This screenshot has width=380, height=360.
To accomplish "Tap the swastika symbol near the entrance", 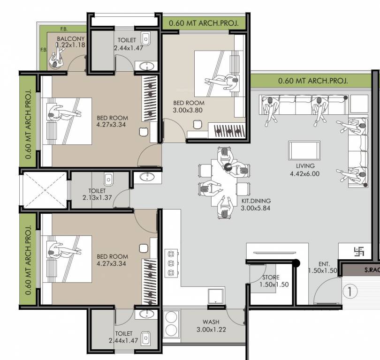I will point(359,252).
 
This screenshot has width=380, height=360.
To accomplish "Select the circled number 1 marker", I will point(350,292).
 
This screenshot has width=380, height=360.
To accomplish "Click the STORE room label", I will point(271,277).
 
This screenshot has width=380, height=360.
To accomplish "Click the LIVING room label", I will point(305,166).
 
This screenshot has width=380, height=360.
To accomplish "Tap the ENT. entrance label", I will point(324,264).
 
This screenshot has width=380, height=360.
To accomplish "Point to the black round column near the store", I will point(296,264).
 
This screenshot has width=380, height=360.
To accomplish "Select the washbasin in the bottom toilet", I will point(148,314).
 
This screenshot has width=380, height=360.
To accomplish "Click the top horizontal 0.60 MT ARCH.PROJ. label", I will point(201,22).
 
